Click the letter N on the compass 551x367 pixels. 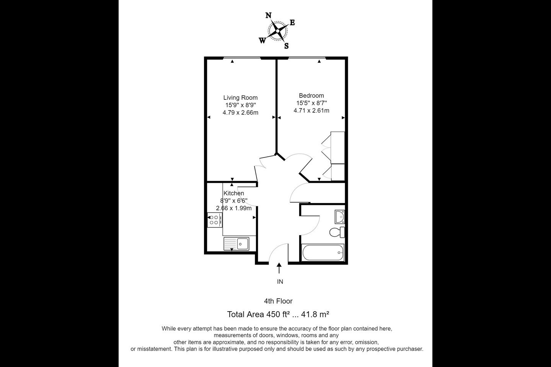pos(268,16)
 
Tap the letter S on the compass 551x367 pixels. pos(286,46)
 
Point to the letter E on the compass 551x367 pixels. pos(292,23)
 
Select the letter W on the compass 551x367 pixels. pos(262,41)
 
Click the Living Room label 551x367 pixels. pos(240,97)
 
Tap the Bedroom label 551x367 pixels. pos(311,95)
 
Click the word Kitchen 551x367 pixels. pos(234,193)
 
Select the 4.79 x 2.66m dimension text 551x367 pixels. pos(240,112)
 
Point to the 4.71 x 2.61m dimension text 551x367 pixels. pos(311,110)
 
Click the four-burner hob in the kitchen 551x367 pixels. pos(215,220)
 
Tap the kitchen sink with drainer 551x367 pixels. pos(236,244)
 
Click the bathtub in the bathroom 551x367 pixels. pos(323,252)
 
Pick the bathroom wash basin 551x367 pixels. pos(340,217)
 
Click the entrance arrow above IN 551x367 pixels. pos(279,268)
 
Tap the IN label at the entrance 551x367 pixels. pos(280,282)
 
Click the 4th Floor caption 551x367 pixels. pos(278,301)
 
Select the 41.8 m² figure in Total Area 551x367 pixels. pos(315,314)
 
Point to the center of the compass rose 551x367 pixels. pos(277,31)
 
